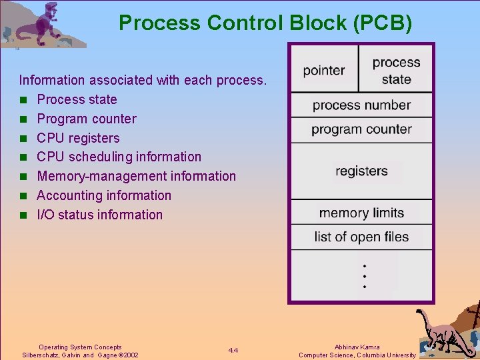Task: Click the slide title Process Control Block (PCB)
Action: [x=265, y=23]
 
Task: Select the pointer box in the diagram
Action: [x=324, y=70]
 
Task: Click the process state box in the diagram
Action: [x=396, y=70]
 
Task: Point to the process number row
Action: [x=361, y=105]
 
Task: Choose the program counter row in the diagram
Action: [x=361, y=129]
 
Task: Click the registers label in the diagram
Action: [x=361, y=171]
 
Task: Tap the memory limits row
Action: [x=361, y=213]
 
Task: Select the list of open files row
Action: [x=361, y=237]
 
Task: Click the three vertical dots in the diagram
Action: [x=364, y=276]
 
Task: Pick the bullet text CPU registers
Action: [x=78, y=138]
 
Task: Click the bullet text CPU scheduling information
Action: [x=119, y=157]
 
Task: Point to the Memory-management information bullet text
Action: [x=136, y=176]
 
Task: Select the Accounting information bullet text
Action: [x=104, y=195]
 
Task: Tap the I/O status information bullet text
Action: [x=99, y=215]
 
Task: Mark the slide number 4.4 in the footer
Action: [x=233, y=351]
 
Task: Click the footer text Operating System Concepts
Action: [x=80, y=347]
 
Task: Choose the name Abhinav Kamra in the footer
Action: [x=357, y=347]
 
